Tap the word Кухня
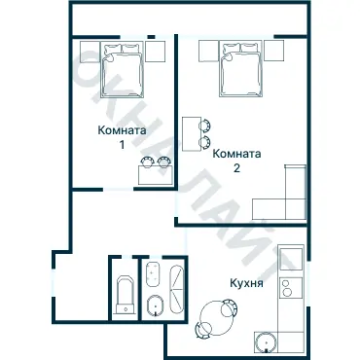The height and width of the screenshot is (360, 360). [x=246, y=283]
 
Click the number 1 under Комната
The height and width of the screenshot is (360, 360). [x=122, y=145]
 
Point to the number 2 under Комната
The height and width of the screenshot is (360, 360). [x=236, y=168]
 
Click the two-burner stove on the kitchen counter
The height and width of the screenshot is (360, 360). [x=291, y=288]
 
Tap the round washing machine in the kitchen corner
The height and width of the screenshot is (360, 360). [x=266, y=342]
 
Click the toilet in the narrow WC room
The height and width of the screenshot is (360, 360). [x=126, y=295]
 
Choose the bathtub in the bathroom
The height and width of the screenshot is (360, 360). [x=177, y=290]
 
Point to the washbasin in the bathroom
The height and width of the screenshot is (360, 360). [x=154, y=274]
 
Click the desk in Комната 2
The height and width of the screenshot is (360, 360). [x=192, y=134]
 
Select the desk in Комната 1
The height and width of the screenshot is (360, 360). [x=156, y=175]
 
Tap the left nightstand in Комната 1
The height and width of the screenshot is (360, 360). [x=90, y=52]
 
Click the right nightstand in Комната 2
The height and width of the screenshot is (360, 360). [x=273, y=51]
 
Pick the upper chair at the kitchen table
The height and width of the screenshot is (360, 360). [x=230, y=308]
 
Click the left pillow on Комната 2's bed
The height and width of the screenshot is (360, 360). [x=232, y=48]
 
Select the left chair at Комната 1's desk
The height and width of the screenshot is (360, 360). [x=148, y=162]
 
